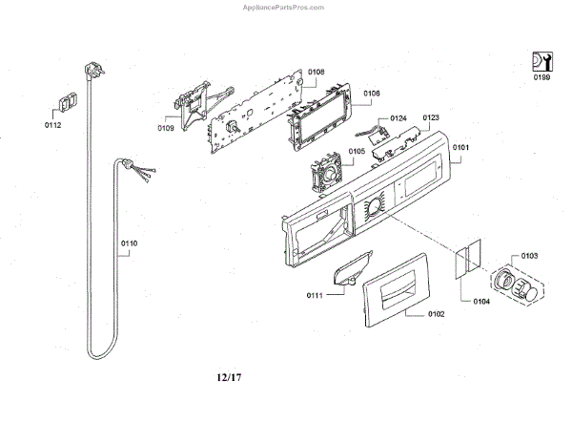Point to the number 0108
pos(316,72)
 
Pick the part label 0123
pos(430,117)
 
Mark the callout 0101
pos(460,147)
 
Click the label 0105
pos(357,151)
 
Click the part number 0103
pos(530,256)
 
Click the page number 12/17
pos(229,377)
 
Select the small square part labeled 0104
pos(463,261)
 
